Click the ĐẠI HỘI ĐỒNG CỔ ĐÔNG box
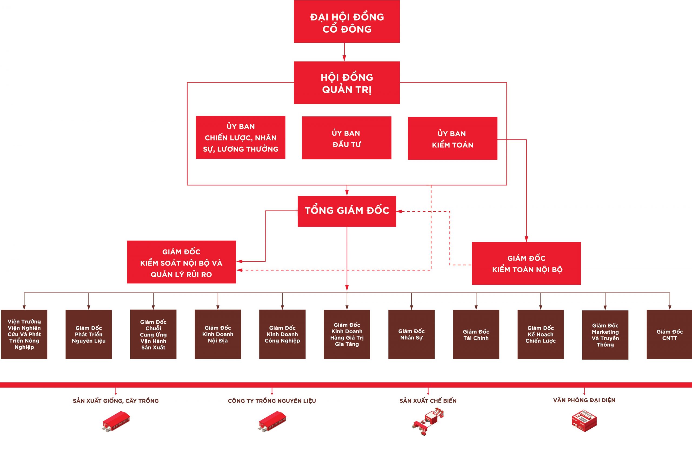(x=347, y=22)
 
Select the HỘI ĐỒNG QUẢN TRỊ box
(x=347, y=83)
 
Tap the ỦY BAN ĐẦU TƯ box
(x=346, y=138)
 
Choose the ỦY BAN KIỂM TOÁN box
(x=453, y=139)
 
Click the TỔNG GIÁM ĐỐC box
(x=347, y=211)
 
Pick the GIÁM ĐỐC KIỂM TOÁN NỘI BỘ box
(x=526, y=263)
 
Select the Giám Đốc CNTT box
(x=669, y=334)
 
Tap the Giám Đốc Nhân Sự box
(x=411, y=334)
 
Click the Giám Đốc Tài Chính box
(x=476, y=334)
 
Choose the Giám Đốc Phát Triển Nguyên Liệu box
(x=89, y=334)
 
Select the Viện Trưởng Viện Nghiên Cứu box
(x=24, y=334)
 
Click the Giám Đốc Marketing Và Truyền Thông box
(x=605, y=335)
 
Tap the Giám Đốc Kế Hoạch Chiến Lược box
(x=541, y=334)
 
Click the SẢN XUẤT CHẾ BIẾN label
(x=428, y=401)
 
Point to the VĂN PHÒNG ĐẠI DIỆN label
(x=584, y=400)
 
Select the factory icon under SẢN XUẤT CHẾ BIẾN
(x=428, y=421)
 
